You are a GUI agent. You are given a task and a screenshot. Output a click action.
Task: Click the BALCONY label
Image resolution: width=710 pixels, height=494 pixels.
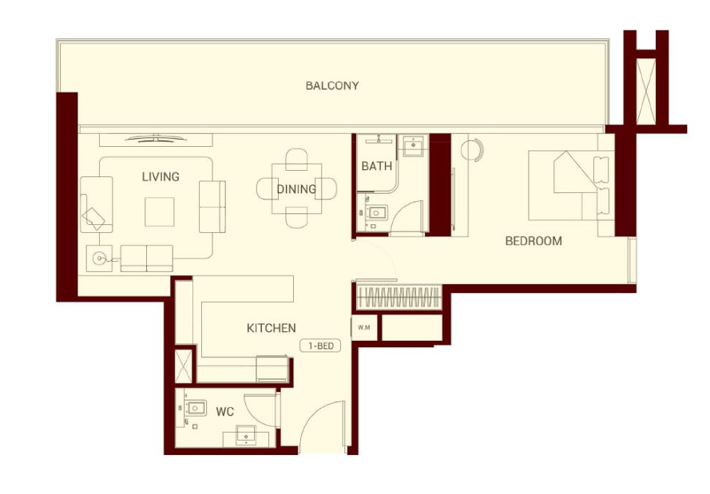[x=332, y=85]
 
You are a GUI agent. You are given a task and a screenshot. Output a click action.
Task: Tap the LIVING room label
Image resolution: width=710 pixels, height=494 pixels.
[x=161, y=176]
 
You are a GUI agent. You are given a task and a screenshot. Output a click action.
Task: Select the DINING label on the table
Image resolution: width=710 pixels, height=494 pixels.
[x=296, y=189]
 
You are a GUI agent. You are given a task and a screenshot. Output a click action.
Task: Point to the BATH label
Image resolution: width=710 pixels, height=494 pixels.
[x=376, y=166]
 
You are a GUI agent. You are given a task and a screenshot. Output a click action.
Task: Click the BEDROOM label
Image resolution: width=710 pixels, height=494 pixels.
[x=533, y=241]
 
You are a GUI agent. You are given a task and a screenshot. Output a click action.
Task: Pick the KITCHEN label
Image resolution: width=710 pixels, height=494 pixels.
[x=272, y=328]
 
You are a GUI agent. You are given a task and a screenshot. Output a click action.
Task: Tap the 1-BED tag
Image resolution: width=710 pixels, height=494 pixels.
[x=320, y=346]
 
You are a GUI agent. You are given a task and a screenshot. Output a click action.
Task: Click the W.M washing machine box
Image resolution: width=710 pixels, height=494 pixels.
[x=364, y=327]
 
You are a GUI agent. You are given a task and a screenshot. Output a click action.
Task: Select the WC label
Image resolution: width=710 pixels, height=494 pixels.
[x=224, y=412]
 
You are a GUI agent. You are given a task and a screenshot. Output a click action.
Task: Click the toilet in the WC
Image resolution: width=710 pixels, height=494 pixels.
[x=194, y=409]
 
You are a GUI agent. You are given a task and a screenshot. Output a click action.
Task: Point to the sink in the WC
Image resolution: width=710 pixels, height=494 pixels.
[x=246, y=436]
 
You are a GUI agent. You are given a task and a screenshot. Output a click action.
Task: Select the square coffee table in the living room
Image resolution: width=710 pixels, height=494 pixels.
[x=160, y=211]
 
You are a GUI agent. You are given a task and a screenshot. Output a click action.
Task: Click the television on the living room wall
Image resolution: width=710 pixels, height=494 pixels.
[x=156, y=137]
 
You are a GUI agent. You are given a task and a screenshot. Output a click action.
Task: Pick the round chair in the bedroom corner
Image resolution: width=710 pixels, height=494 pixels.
[x=472, y=149]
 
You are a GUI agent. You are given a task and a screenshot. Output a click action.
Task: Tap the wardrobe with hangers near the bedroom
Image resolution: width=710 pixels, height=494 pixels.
[x=399, y=297]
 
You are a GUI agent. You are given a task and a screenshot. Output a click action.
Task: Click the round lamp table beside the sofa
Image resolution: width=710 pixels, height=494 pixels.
[x=99, y=259]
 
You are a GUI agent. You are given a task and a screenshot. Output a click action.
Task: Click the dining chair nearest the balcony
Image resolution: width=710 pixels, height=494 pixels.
[x=296, y=160]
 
